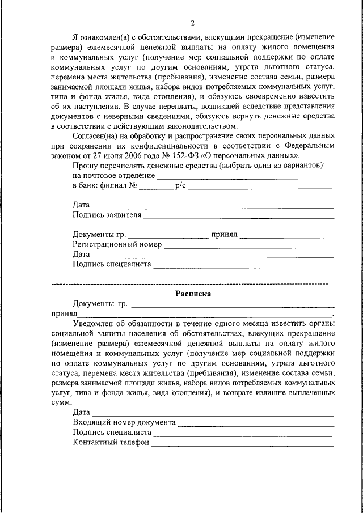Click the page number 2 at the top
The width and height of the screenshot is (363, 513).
click(193, 23)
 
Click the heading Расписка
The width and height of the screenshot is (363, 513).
click(193, 294)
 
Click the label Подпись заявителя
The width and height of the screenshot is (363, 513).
click(107, 215)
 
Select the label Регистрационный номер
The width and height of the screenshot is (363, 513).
click(117, 244)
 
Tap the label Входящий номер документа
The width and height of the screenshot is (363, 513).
click(124, 422)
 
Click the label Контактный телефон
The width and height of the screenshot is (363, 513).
click(110, 443)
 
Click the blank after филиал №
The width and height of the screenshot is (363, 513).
click(155, 187)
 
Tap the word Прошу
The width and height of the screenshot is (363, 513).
click(84, 166)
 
